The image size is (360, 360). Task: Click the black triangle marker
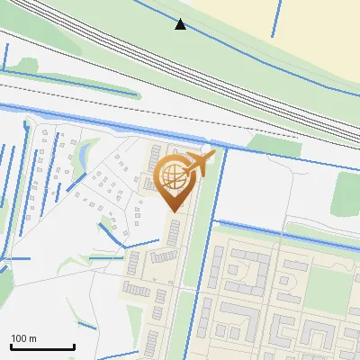point(180,24)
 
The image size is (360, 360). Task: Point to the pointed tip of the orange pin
point(173,211)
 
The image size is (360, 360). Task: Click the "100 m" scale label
point(23,338)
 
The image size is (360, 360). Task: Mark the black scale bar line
point(42,347)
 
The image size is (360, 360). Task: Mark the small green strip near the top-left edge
point(27,66)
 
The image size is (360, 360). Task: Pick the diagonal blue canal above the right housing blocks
point(288,234)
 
